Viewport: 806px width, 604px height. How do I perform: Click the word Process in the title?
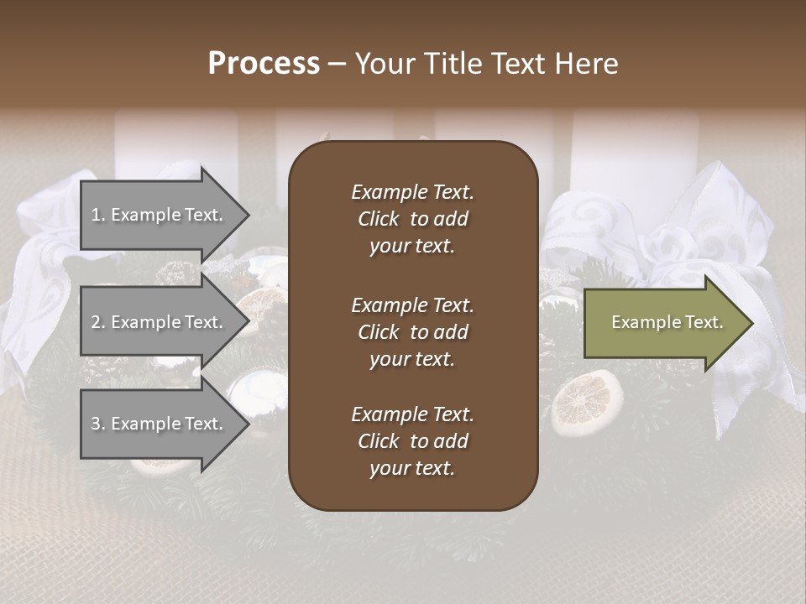(264, 64)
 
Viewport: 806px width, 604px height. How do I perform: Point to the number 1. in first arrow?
(98, 215)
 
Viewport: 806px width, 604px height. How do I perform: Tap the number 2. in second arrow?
(98, 322)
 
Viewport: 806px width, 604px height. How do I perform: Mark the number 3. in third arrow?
(98, 424)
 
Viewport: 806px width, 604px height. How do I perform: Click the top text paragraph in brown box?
(412, 219)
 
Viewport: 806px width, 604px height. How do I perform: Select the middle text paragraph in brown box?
(412, 332)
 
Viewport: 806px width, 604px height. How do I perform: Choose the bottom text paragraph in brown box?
(412, 441)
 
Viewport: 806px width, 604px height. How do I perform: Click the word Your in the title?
(384, 64)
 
